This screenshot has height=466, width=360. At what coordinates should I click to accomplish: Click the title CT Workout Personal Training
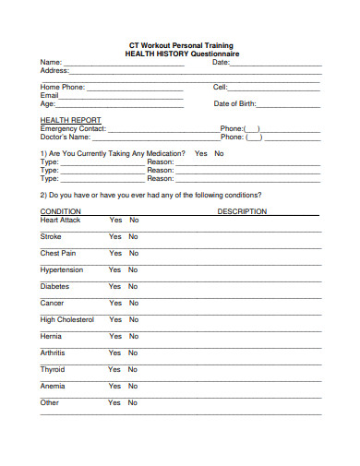coord(181,45)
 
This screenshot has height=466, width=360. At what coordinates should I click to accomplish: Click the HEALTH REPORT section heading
coord(70,120)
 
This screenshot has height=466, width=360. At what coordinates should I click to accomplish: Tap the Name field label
coord(50,62)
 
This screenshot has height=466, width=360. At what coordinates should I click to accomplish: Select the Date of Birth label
coord(234,103)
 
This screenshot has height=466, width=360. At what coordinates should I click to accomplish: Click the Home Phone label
coord(62,87)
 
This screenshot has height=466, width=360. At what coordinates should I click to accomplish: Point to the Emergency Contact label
coord(73,128)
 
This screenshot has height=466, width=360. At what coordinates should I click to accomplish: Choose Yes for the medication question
coord(200,153)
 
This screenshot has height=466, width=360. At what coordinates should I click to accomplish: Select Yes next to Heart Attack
coord(115,221)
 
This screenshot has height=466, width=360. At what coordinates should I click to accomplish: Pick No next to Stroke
coord(134,237)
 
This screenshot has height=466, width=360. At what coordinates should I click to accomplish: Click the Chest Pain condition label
coord(58,253)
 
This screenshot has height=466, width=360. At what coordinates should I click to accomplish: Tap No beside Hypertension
coord(134,269)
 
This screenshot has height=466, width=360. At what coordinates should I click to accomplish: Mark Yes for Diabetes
coord(115,286)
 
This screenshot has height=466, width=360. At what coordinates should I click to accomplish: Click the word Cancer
coord(52,303)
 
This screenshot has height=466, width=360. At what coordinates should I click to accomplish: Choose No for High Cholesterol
coord(134,319)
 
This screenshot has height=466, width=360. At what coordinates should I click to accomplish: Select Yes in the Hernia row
coord(115,336)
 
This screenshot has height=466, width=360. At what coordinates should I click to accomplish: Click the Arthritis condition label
coord(53,352)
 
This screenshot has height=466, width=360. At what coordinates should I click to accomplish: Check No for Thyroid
coord(134,369)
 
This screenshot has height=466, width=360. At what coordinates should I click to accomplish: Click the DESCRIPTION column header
coord(242,211)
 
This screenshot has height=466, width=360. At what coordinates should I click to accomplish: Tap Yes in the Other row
coord(115,402)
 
